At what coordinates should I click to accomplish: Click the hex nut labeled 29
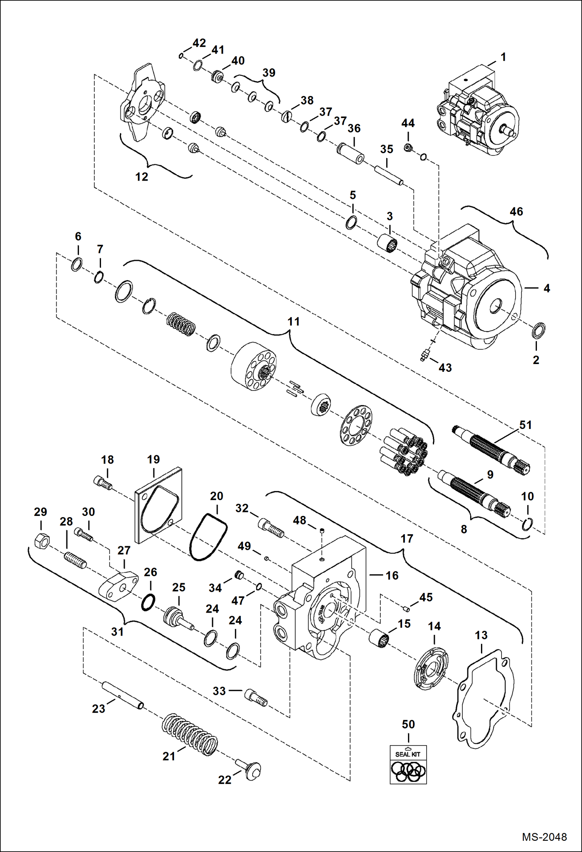point(41,540)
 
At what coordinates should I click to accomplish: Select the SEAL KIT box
point(408,764)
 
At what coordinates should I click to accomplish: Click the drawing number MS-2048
point(544,837)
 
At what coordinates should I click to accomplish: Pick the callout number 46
point(516,212)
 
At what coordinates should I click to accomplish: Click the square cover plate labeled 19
point(158,505)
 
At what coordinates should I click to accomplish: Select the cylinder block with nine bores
point(253,366)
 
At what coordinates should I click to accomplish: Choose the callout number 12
point(141,177)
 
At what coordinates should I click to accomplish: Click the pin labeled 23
point(122,695)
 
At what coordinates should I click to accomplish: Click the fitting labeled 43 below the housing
point(425,355)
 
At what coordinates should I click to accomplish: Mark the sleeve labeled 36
point(350,153)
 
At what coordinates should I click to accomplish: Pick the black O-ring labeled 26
point(148,602)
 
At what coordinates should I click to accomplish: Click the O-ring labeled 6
point(77,265)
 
